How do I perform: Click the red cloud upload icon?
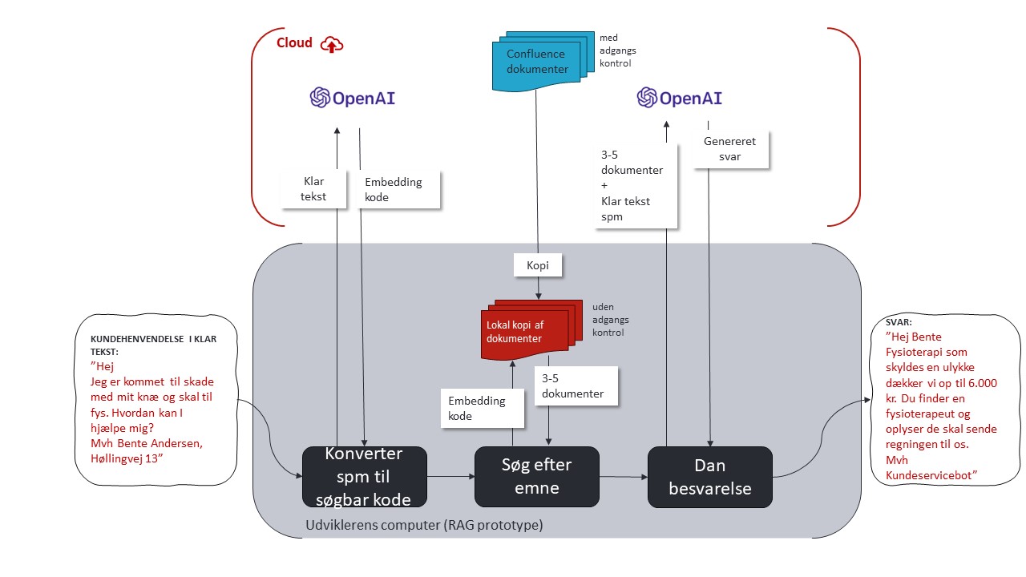pos(331,45)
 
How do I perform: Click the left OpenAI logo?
pos(353,98)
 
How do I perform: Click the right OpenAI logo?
pos(680,98)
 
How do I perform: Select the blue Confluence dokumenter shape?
pos(536,62)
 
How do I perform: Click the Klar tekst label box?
pos(313,189)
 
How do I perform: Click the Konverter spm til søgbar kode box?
pos(363,477)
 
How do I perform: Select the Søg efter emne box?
pos(536,477)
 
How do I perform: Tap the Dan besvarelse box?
pos(709,477)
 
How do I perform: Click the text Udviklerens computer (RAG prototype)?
pos(424,526)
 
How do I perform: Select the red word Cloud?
pos(294,43)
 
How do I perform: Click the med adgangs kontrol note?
pos(617,50)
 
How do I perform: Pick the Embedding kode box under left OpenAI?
pos(393,189)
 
